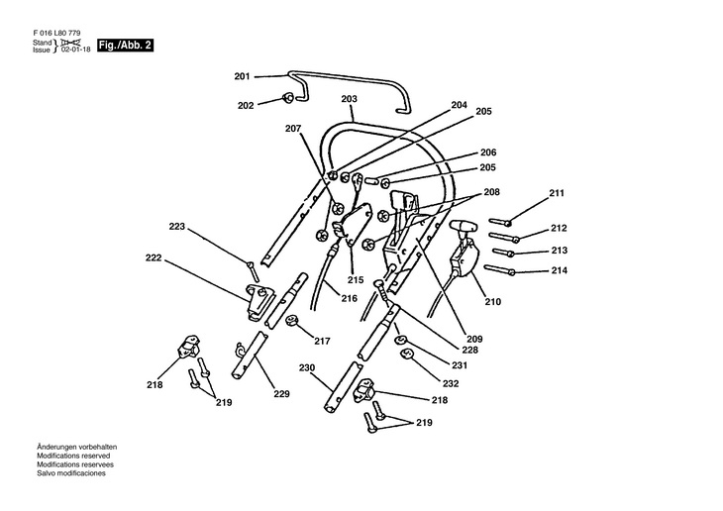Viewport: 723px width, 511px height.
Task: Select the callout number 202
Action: click(247, 105)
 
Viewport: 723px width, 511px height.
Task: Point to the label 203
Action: click(349, 99)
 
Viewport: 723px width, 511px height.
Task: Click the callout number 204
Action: click(459, 104)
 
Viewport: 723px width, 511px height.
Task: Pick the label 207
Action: click(293, 129)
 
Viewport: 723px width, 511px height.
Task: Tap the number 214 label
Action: click(559, 270)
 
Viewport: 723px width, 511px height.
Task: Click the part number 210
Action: click(492, 301)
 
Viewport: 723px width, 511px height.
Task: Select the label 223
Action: click(177, 227)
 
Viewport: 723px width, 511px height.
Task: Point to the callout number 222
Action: click(154, 257)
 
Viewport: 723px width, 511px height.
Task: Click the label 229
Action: click(282, 395)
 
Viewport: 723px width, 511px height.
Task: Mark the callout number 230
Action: click(306, 368)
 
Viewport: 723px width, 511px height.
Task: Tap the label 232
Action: click(451, 383)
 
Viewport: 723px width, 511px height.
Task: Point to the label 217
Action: click(322, 342)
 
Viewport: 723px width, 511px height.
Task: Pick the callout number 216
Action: click(349, 297)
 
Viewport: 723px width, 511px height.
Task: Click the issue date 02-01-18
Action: click(74, 50)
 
